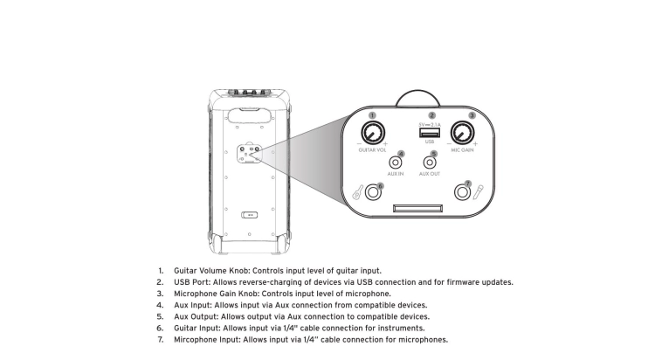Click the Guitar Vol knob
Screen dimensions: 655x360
point(373,133)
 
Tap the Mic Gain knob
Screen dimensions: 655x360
point(462,133)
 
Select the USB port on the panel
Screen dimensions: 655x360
point(430,133)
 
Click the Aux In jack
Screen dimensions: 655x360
point(395,163)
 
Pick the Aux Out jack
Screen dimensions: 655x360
point(430,163)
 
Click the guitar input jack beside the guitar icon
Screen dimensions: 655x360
point(373,193)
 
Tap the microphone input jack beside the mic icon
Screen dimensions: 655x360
point(462,193)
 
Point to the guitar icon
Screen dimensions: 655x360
point(358,192)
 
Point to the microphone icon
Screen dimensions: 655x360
point(478,192)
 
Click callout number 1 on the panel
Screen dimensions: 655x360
point(372,115)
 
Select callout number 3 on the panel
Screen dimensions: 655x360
point(472,115)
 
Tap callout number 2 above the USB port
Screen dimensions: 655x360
point(432,115)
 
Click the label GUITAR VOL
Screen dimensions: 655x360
point(372,150)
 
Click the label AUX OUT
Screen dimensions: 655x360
point(430,174)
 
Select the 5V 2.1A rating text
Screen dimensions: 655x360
point(430,125)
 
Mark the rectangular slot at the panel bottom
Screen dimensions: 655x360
point(417,208)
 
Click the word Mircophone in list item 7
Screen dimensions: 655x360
point(196,340)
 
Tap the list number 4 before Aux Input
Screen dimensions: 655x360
point(160,305)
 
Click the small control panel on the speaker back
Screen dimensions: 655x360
point(250,154)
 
